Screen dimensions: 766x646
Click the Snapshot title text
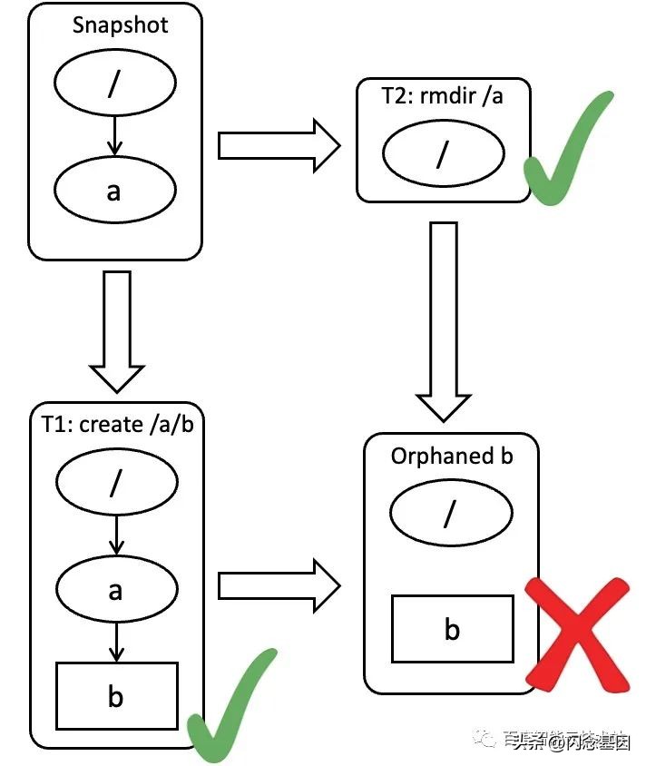click(x=120, y=25)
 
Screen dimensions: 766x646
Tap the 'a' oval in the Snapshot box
click(x=114, y=191)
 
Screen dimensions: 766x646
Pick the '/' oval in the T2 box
click(x=442, y=154)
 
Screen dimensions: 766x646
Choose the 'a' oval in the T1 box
click(x=115, y=590)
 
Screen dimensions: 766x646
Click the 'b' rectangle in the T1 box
click(x=116, y=696)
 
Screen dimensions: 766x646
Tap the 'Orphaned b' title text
click(x=452, y=455)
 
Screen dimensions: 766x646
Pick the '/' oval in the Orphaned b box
click(x=451, y=515)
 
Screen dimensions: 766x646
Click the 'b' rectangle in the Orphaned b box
click(x=452, y=628)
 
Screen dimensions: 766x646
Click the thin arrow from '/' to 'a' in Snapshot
click(x=114, y=139)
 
